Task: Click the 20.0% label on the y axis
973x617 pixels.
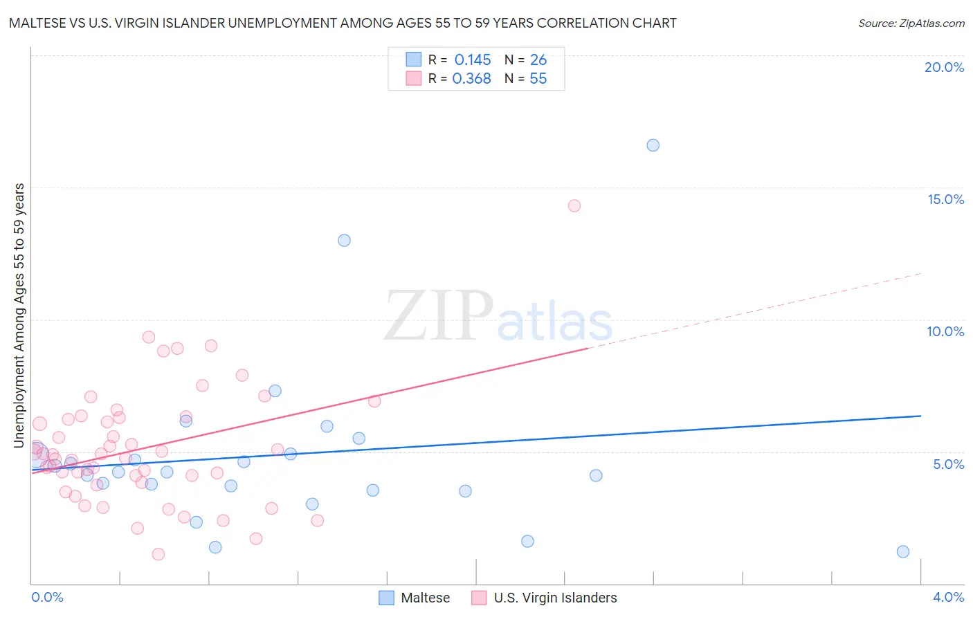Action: pos(944,67)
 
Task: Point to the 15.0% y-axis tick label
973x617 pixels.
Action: pos(945,199)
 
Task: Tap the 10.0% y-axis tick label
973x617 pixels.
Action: pos(945,331)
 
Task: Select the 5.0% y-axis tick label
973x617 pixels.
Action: pos(948,464)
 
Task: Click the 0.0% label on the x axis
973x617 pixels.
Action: pos(47,597)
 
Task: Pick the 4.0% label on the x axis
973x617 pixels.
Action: pos(948,597)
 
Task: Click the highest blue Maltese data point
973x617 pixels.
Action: pos(653,145)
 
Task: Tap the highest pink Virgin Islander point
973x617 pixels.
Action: pos(574,205)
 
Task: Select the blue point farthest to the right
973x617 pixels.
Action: pos(902,551)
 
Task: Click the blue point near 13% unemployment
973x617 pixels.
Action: pos(344,241)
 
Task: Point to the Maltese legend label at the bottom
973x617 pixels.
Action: pos(425,598)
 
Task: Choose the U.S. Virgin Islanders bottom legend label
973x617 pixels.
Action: pos(555,598)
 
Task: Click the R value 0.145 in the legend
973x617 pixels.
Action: pos(473,60)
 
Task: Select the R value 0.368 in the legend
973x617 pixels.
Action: pos(471,79)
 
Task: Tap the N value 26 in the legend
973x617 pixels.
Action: pos(538,60)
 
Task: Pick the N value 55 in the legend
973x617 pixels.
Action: pos(538,79)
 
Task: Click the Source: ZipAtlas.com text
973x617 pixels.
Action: pos(911,24)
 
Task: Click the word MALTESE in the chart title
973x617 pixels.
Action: pos(39,24)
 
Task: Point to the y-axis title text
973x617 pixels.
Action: pos(19,315)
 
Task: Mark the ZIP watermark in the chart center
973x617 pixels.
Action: pos(438,316)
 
